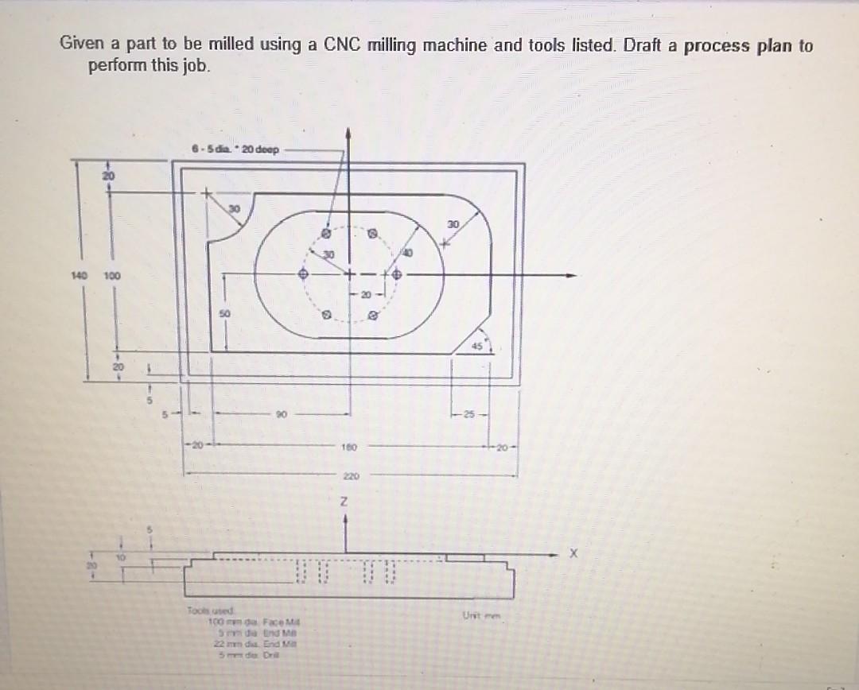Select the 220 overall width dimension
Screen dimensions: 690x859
(x=350, y=477)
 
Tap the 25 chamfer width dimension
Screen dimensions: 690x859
(x=469, y=414)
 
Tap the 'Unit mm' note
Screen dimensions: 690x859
(x=477, y=614)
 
